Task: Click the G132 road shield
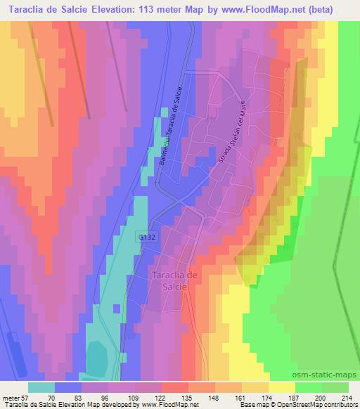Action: pyautogui.click(x=147, y=238)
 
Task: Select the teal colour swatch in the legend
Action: pyautogui.click(x=41, y=387)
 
